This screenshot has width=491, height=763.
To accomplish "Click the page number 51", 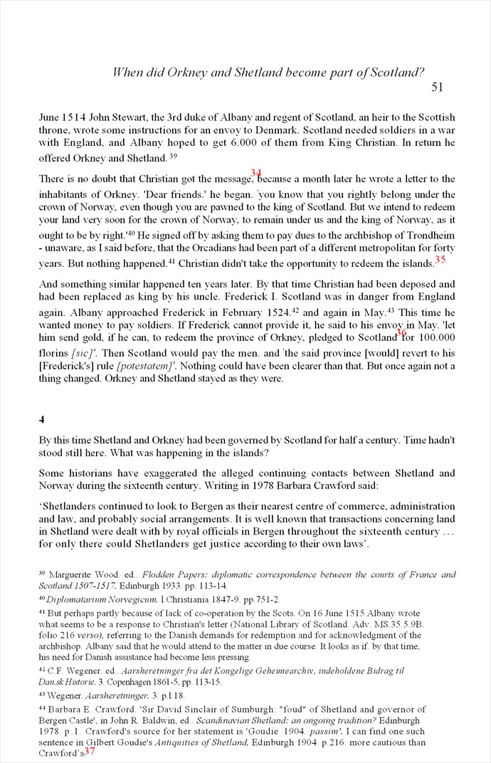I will click(437, 88).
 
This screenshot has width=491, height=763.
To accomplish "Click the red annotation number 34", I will click(256, 173).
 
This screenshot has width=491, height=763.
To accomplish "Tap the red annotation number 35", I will click(440, 260).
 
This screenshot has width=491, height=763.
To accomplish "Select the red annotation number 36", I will click(401, 332).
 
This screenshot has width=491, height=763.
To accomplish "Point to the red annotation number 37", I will click(90, 751).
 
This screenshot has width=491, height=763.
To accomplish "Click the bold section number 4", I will click(41, 420).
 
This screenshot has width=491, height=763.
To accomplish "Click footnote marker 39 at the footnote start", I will click(41, 573).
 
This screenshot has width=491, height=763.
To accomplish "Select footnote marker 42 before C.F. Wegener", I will click(41, 670).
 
